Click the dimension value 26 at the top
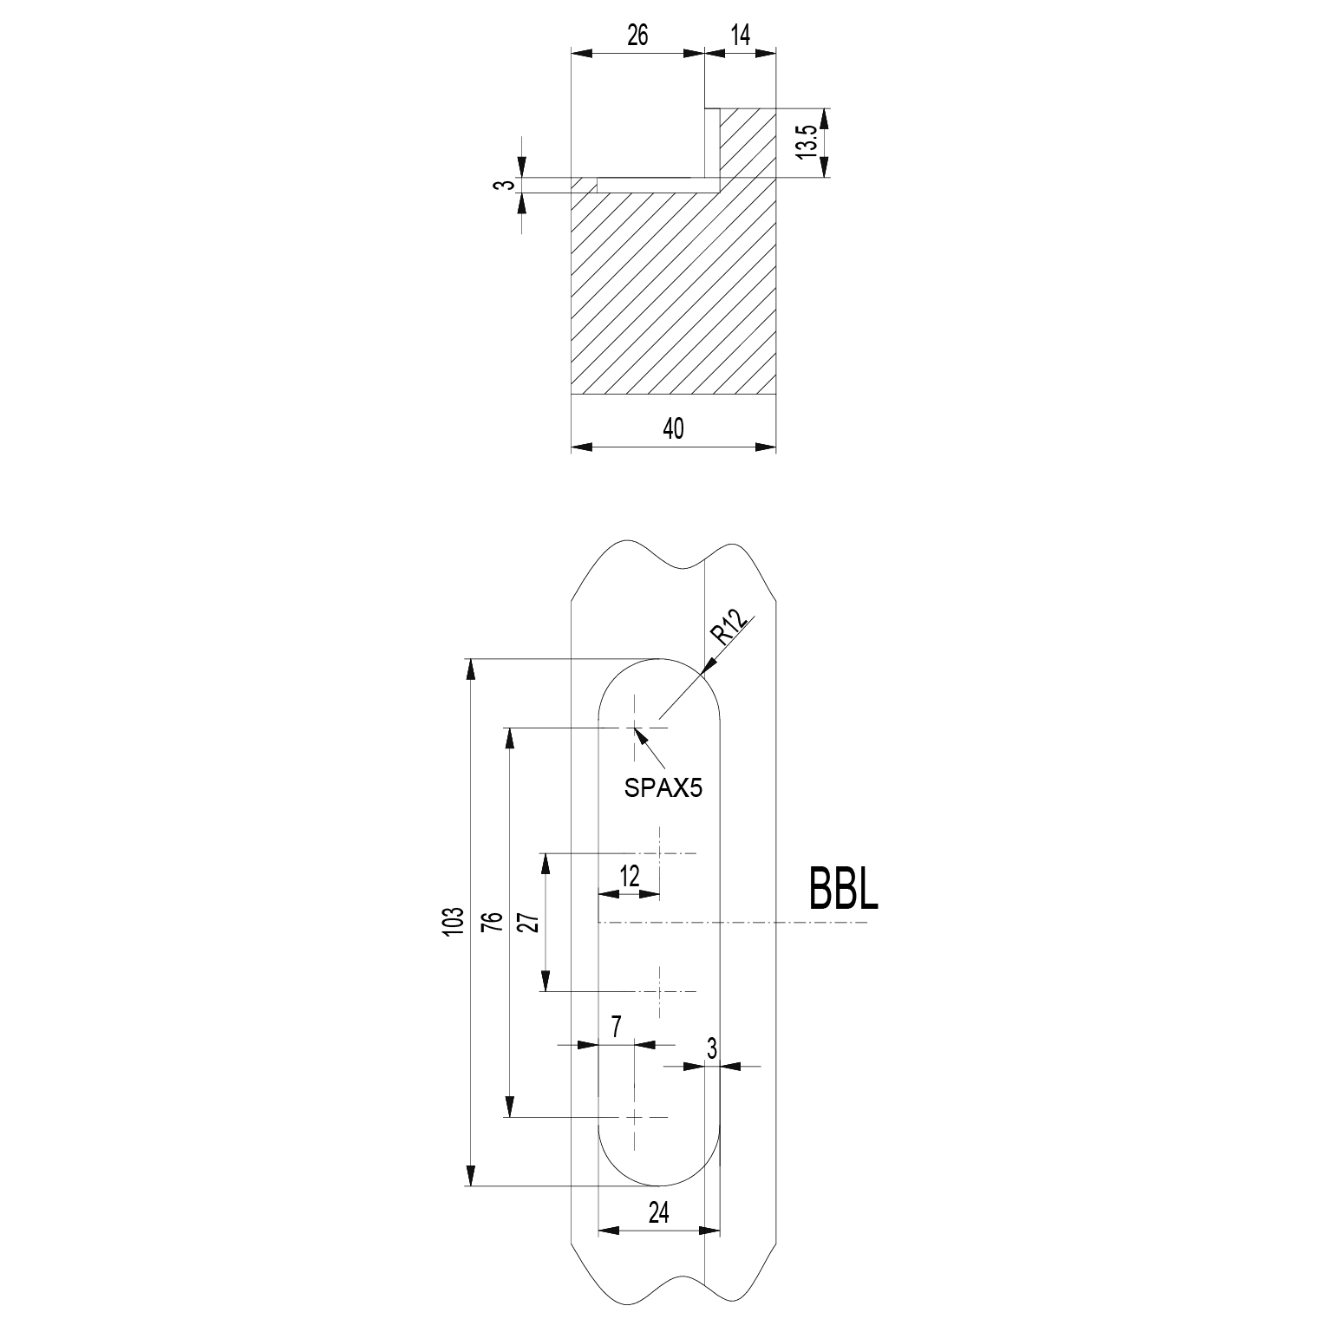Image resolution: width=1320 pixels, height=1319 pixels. click(x=637, y=35)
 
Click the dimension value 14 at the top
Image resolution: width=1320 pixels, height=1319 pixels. click(x=740, y=35)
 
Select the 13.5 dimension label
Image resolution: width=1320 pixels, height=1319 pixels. click(x=807, y=141)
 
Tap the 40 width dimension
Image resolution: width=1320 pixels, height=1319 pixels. click(x=673, y=428)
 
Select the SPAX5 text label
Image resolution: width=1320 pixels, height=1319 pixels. click(x=663, y=788)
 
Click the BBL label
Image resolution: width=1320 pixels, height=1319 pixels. click(x=843, y=889)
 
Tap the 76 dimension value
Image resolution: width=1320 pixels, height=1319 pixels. click(x=493, y=921)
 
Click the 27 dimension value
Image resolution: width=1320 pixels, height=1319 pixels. click(x=530, y=921)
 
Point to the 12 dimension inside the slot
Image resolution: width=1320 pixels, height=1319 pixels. click(x=630, y=877)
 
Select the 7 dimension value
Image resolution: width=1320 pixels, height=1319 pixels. click(x=617, y=1028)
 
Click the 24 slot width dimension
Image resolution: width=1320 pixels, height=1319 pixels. click(x=659, y=1212)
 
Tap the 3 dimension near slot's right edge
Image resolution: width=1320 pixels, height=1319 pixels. click(x=712, y=1049)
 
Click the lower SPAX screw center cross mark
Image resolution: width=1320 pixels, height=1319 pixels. click(x=635, y=1117)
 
